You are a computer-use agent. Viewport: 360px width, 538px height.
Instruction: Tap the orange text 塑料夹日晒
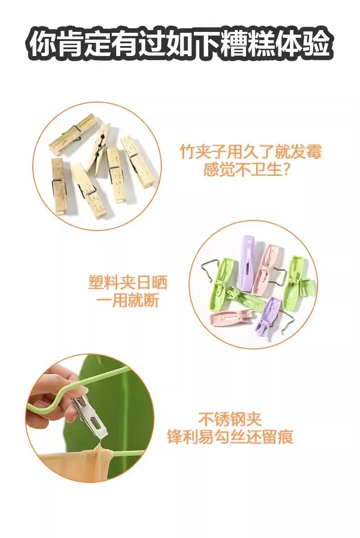tap(128, 282)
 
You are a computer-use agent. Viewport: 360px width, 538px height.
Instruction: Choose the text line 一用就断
tap(128, 301)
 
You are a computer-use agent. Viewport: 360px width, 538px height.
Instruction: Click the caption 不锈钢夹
tap(230, 419)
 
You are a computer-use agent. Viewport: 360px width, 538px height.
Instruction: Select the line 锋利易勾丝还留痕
tap(230, 437)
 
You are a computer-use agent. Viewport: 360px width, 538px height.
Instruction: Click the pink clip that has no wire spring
tap(229, 318)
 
